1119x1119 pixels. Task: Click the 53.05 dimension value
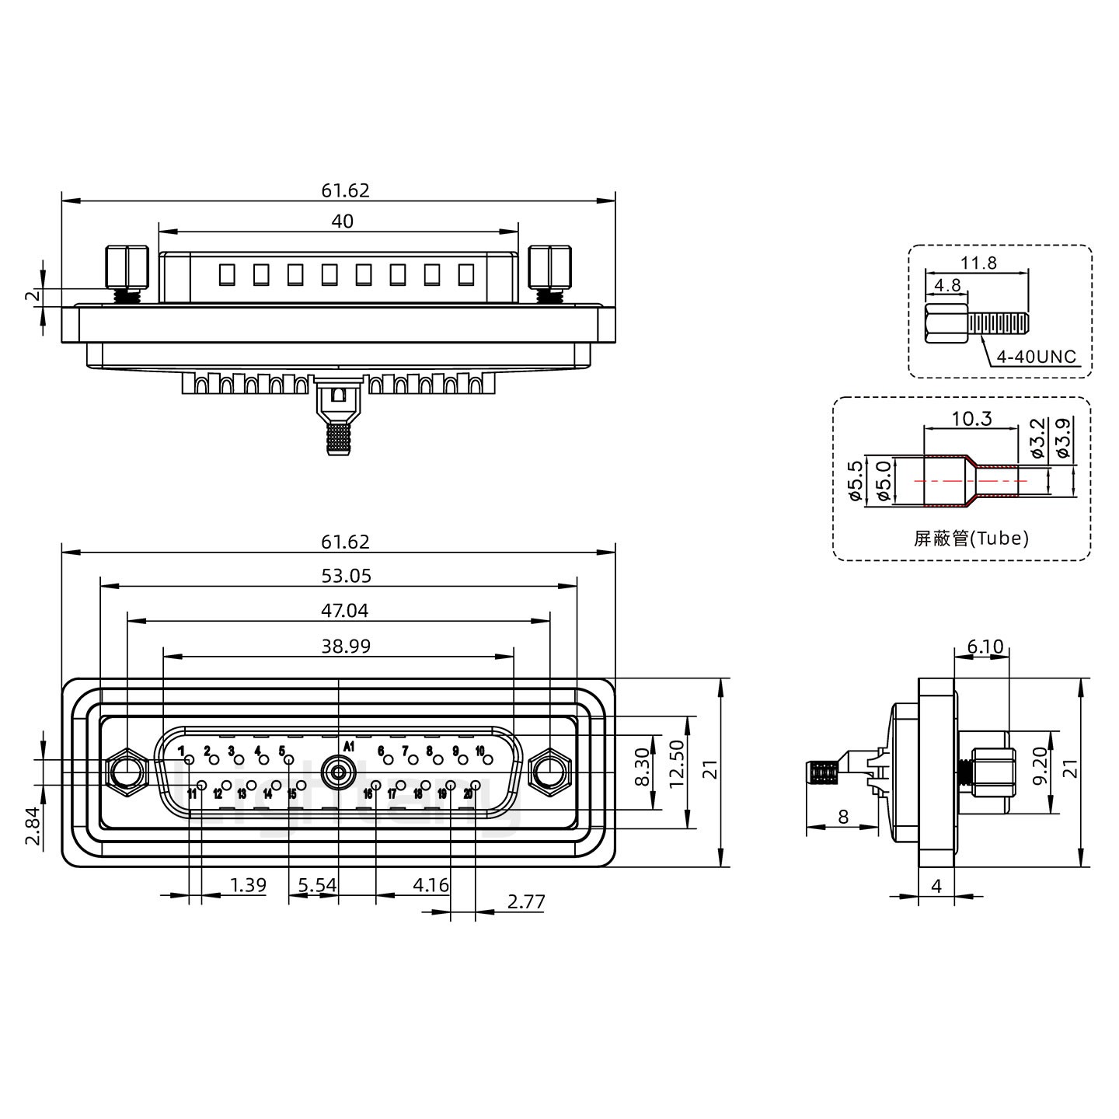pyautogui.click(x=346, y=576)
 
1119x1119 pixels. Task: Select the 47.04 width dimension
pyautogui.click(x=344, y=611)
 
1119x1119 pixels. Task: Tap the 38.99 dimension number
pyautogui.click(x=346, y=646)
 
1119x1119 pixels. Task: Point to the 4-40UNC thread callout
pyautogui.click(x=1036, y=357)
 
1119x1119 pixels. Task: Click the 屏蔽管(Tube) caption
pyautogui.click(x=971, y=538)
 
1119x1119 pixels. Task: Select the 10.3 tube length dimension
pyautogui.click(x=971, y=419)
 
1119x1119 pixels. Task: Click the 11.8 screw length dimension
pyautogui.click(x=978, y=263)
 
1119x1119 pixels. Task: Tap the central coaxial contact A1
pyautogui.click(x=338, y=772)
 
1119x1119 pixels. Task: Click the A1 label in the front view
pyautogui.click(x=348, y=746)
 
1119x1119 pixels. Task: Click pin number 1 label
pyautogui.click(x=181, y=751)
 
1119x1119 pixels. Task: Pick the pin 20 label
pyautogui.click(x=468, y=793)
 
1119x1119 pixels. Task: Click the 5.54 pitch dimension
pyautogui.click(x=317, y=884)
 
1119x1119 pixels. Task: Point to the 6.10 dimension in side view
pyautogui.click(x=985, y=647)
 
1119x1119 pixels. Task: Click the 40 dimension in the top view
pyautogui.click(x=342, y=221)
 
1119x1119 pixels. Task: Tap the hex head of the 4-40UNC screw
pyautogui.click(x=946, y=324)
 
